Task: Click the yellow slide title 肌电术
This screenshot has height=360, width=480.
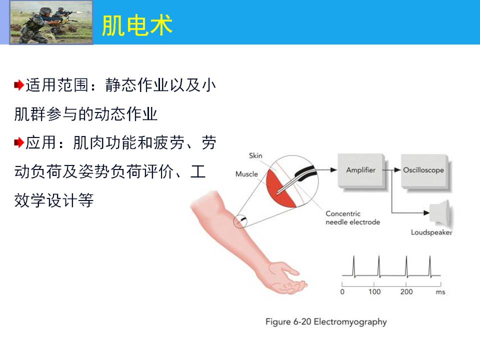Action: coord(137,25)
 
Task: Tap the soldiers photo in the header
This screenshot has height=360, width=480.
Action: coord(51,22)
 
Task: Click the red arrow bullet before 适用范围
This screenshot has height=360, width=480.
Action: coord(18,85)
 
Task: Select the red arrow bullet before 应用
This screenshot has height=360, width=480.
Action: coord(18,142)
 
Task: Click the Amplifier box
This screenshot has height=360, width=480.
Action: coord(361,170)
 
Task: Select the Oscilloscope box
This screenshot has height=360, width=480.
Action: coord(424,170)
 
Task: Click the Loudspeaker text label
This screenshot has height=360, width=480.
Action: coord(431,232)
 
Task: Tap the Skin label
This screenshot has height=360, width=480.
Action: coord(255,155)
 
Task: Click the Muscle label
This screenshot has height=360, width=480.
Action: coord(246,174)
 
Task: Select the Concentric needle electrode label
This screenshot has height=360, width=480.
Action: coord(352,217)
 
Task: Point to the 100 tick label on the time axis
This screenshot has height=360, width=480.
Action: coord(374,291)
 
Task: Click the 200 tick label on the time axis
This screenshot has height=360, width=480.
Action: coord(406,291)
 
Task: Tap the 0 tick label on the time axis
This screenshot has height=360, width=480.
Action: coord(342,291)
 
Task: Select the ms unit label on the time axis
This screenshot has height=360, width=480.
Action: coord(440,292)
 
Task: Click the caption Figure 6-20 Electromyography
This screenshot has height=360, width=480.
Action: coord(326,321)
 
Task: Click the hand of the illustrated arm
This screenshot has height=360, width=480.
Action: coord(286,278)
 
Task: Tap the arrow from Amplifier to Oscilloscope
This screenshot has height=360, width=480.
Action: coord(393,170)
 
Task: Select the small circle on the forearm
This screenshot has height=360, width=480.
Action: coord(239,221)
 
